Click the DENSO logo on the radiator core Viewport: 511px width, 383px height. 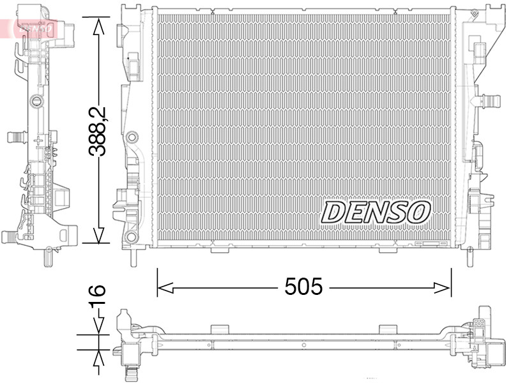pos(376,211)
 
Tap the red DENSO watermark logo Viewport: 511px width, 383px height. pos(32,27)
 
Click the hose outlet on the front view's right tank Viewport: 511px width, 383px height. pos(489,100)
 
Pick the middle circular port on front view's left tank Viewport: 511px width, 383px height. pos(132,137)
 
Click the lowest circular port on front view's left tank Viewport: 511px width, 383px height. pos(132,237)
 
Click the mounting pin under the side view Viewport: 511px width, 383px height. pos(48,256)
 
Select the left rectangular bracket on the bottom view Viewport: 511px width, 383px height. pos(219,329)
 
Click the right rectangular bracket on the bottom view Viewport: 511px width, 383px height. pos(388,329)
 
